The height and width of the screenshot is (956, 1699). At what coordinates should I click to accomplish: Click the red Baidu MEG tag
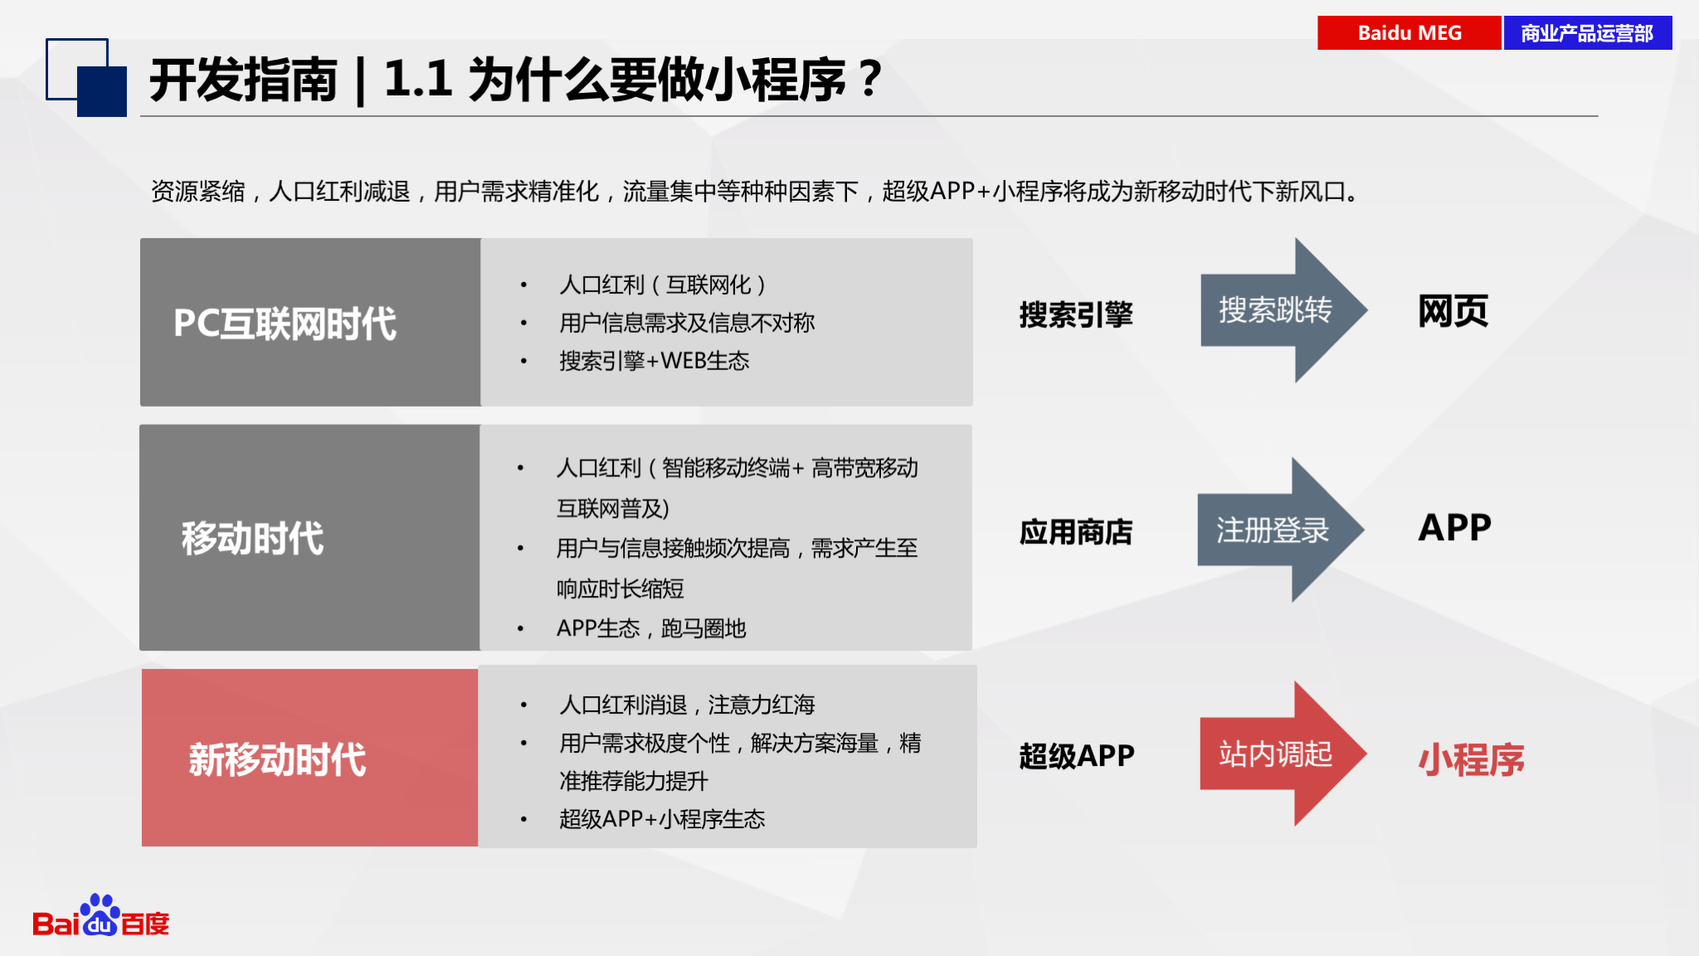point(1409,33)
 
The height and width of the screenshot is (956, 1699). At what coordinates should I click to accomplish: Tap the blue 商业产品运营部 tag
point(1588,33)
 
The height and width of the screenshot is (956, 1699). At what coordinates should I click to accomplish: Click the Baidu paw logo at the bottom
point(100,915)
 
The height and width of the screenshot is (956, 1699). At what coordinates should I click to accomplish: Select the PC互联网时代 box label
point(285,324)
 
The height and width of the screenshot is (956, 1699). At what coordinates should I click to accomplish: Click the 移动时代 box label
point(252,538)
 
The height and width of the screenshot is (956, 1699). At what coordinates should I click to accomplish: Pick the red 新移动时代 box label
point(277,759)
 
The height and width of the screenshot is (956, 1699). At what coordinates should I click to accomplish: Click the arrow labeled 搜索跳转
point(1283,310)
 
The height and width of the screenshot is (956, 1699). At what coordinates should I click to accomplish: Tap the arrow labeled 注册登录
point(1281,529)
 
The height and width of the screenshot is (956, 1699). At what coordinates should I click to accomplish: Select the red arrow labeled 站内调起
point(1283,754)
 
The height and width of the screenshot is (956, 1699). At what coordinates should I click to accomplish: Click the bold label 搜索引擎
point(1076,315)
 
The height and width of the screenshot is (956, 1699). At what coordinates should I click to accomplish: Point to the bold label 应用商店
point(1076,532)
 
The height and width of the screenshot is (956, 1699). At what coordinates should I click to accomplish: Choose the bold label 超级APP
point(1077,756)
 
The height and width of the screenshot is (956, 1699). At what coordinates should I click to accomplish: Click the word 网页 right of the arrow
point(1453,311)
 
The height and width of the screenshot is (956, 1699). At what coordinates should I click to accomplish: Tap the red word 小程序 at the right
point(1472,759)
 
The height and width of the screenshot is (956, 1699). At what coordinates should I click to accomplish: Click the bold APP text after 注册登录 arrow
point(1454,528)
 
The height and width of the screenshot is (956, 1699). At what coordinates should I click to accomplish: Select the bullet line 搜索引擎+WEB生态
point(655,361)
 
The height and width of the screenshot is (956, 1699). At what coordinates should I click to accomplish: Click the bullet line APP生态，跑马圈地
point(651,629)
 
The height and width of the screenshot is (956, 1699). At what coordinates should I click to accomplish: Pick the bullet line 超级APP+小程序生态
point(662,819)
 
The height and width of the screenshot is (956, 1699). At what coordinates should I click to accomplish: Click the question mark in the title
point(870,79)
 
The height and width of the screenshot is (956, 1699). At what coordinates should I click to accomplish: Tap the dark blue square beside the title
point(102,91)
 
